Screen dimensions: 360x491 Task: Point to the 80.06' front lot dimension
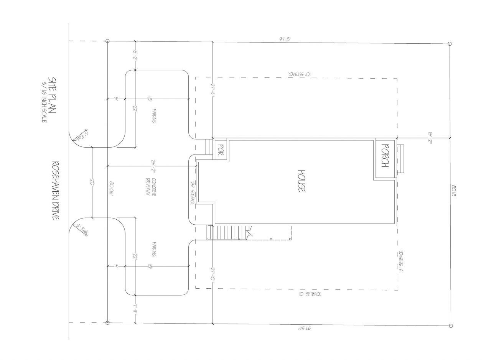(x=111, y=189)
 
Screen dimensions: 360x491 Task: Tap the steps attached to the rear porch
(x=400, y=159)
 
